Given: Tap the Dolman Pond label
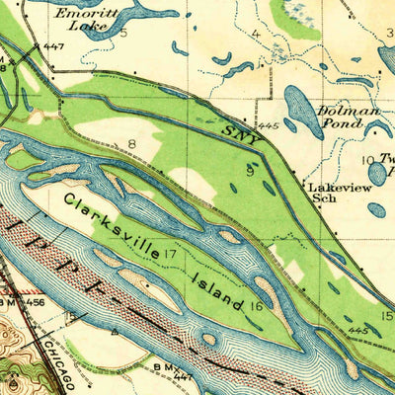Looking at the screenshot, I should (347, 118).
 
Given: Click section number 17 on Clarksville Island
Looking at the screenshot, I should (170, 254).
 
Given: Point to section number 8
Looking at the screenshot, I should (130, 145).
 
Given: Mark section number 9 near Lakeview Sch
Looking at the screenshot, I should (250, 170).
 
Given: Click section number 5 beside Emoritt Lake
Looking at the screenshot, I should (124, 33).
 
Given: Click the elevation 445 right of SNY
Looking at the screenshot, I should (267, 126).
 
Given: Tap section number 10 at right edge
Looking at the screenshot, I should (365, 160).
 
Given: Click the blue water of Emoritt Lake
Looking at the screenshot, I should (148, 12).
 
